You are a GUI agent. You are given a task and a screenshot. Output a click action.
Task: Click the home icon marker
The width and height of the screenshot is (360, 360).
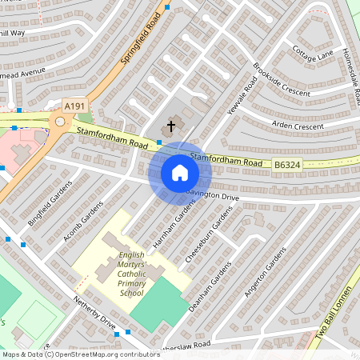pos(180,173)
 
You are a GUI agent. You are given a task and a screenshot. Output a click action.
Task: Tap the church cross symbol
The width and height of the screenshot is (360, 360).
pos(170,126)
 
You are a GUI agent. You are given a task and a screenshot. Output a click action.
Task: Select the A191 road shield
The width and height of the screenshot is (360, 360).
pos(74,106)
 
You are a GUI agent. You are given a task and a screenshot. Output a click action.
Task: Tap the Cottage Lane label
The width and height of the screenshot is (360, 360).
pos(313,54)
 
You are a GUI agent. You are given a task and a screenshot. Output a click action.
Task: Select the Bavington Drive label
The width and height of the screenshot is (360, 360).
pos(213,195)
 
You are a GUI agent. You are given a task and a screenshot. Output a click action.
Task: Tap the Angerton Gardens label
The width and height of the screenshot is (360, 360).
pos(265,271)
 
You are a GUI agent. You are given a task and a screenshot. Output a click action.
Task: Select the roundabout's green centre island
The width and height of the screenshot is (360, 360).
pos(59,122)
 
